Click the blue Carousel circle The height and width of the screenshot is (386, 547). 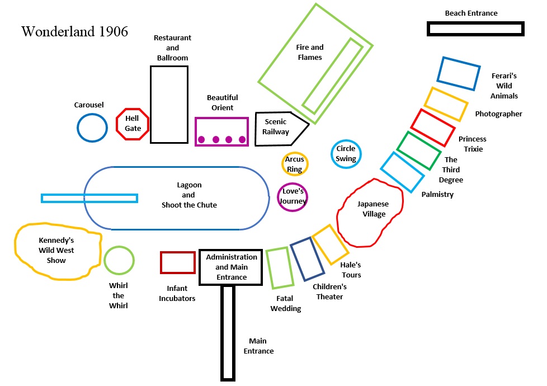tap(92, 128)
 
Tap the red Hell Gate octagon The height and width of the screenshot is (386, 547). tap(133, 124)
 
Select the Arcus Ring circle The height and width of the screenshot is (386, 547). tap(295, 164)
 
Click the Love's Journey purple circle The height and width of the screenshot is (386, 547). tap(293, 197)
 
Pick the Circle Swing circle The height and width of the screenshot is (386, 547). tap(346, 154)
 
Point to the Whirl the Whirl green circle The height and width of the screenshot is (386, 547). tap(119, 261)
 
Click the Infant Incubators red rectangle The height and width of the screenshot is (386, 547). tap(177, 262)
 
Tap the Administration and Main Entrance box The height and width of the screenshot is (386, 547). tap(231, 267)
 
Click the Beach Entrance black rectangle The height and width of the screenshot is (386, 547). tap(475, 29)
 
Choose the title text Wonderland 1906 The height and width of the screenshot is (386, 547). tap(74, 31)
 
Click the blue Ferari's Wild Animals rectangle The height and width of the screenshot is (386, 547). tap(459, 73)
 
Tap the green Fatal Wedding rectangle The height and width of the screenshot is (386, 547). tap(280, 268)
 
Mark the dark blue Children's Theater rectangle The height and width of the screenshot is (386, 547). tap(307, 259)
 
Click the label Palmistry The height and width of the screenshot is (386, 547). tap(437, 195)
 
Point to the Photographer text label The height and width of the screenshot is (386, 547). tap(498, 114)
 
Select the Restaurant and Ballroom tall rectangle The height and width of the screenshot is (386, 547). tap(169, 105)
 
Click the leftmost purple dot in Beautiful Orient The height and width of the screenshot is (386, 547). tap(202, 139)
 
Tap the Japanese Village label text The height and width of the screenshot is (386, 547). tap(373, 209)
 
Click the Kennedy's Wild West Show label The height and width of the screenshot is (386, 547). tap(56, 250)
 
